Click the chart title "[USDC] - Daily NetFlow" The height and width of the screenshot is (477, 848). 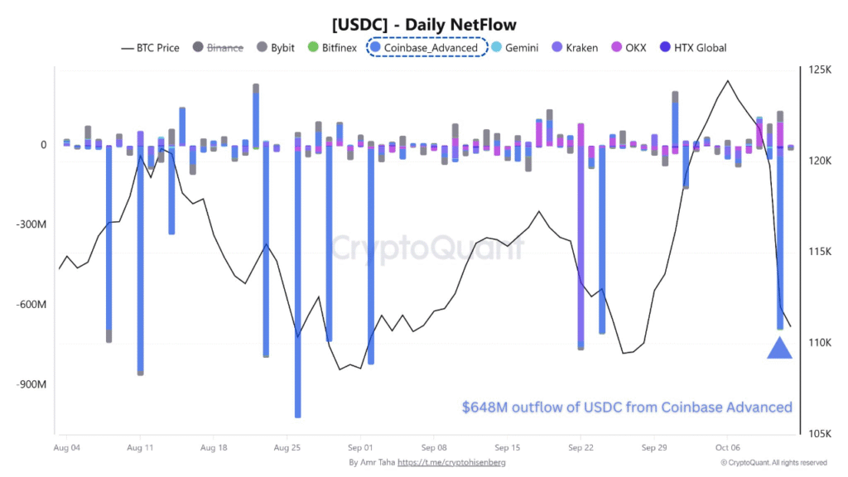pos(423,25)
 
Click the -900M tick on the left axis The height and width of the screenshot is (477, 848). pos(30,384)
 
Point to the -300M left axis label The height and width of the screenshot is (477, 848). pos(30,224)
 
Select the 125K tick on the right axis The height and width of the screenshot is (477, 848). pos(820,70)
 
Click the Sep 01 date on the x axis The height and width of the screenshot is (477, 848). pos(359,447)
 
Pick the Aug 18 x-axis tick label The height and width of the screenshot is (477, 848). pos(213,447)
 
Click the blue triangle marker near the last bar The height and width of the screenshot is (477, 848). pos(780,349)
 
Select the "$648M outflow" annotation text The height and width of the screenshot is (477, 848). pos(627,407)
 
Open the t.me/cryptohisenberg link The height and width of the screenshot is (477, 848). pos(453,462)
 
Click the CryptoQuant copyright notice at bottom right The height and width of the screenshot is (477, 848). pos(773,462)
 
